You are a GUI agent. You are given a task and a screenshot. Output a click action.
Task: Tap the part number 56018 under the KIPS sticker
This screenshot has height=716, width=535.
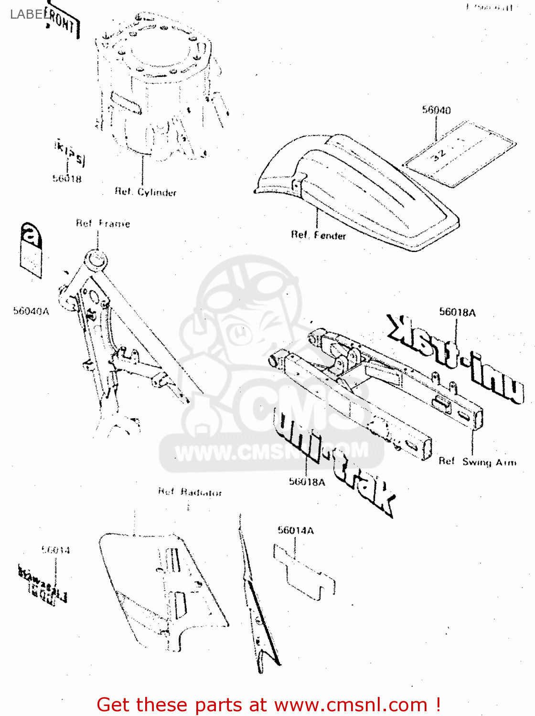[x=67, y=179]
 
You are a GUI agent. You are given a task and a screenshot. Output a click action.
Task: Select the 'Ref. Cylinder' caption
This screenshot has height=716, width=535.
[x=146, y=192]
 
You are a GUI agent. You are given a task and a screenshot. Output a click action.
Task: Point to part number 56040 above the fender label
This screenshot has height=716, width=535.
[x=436, y=110]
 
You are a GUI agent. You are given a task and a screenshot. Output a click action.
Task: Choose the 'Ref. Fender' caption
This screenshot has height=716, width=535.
[x=319, y=235]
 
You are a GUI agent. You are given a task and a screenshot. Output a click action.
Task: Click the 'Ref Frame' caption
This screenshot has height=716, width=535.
[x=103, y=223]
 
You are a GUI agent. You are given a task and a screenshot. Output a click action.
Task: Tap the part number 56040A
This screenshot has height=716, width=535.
[x=31, y=311]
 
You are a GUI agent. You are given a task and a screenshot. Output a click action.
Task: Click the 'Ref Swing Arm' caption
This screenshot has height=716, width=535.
[x=477, y=462]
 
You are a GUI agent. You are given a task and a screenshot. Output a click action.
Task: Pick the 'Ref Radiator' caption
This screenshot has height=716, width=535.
[x=190, y=492]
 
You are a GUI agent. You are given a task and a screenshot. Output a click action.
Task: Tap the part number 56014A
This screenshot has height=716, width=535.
[x=296, y=530]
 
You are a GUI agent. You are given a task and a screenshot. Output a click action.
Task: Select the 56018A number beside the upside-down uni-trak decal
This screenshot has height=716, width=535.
[x=457, y=313]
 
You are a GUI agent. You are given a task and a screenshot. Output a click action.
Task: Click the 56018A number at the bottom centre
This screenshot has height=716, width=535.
[x=307, y=482]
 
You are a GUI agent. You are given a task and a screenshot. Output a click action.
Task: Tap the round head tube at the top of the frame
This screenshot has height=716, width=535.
[x=95, y=261]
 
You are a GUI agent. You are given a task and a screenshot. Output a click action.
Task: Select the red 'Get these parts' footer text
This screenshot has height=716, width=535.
[x=268, y=705]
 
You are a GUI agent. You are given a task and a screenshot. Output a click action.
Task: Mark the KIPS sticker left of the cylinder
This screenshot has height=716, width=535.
[x=70, y=153]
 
